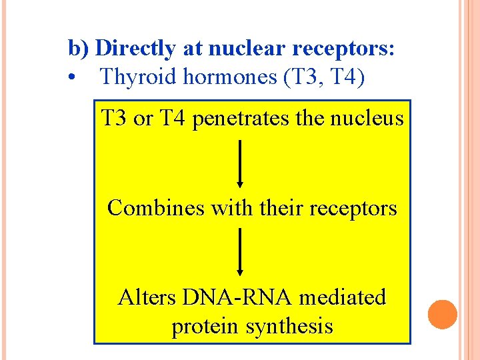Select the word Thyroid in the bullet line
[133, 77]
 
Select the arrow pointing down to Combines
[240, 163]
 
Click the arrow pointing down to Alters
[240, 252]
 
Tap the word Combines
[157, 208]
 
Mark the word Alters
[145, 297]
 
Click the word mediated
[343, 297]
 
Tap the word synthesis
[290, 327]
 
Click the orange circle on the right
[442, 314]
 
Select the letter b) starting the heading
[79, 49]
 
